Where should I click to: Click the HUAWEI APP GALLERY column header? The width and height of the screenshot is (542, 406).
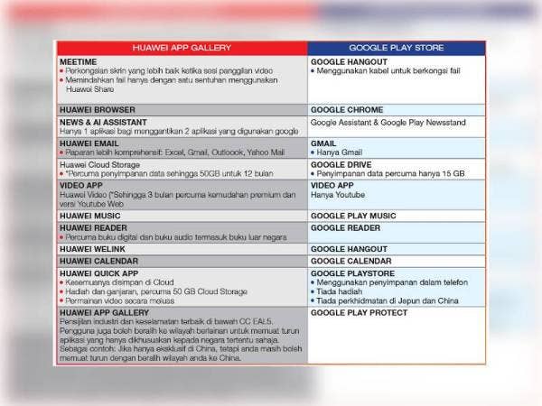(x=181, y=48)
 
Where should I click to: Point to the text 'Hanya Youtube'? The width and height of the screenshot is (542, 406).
(x=341, y=195)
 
